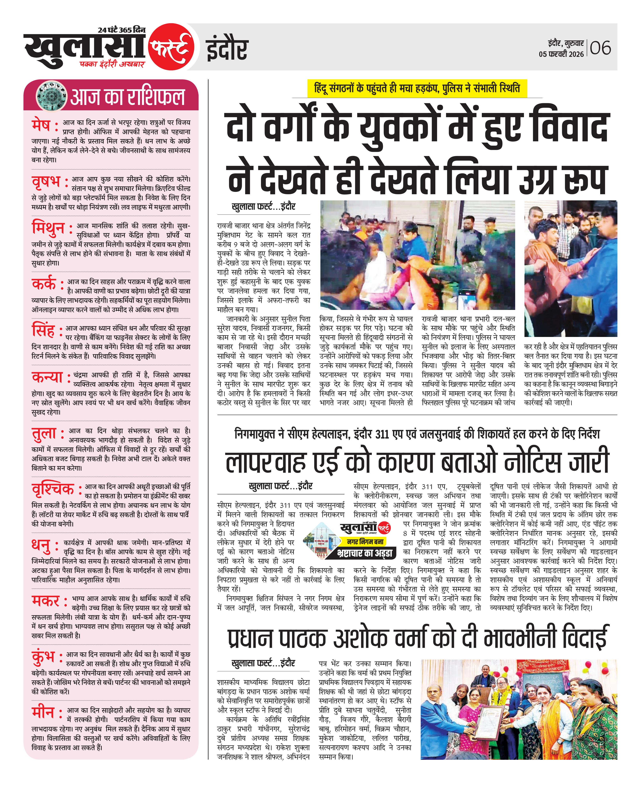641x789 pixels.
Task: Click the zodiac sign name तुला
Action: pos(44,433)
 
